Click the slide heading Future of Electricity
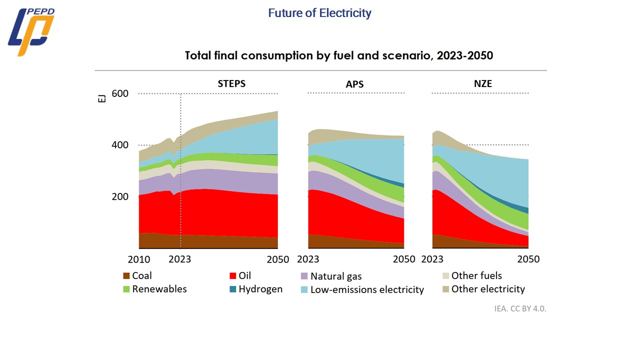tap(319, 13)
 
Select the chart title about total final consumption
tap(338, 55)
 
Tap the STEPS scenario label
tap(231, 83)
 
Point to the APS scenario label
tap(354, 84)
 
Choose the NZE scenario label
tap(483, 83)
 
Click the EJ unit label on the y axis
tap(102, 98)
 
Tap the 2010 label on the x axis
tap(139, 259)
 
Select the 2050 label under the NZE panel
tap(528, 259)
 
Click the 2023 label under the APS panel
tap(308, 259)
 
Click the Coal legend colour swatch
tap(126, 276)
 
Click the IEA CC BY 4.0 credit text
tap(520, 308)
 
